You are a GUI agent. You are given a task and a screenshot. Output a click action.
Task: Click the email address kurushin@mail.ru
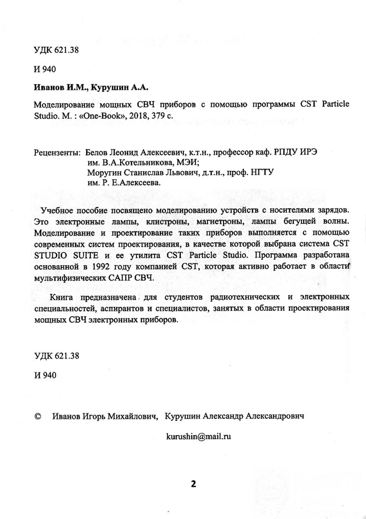pyautogui.click(x=199, y=436)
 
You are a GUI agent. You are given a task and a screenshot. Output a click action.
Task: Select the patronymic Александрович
pyautogui.click(x=273, y=416)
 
